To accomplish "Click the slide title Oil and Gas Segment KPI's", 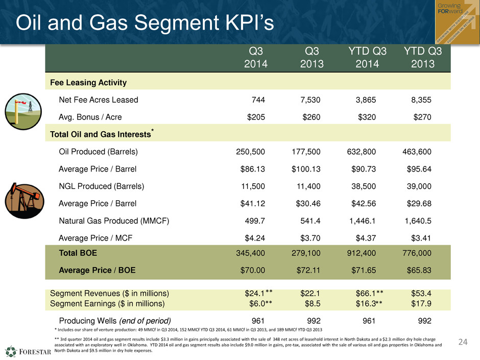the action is coord(145,22).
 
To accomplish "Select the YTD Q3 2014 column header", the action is coord(367,57).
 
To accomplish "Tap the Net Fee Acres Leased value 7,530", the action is coord(310,100).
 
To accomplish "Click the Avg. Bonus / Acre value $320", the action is coord(367,117).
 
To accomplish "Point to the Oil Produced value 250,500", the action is coord(250,152).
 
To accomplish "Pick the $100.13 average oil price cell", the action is coord(306,169).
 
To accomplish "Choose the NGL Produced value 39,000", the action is coord(419,186).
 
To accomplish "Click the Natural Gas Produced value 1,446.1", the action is coord(363,221).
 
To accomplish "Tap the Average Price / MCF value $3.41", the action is coord(421,238).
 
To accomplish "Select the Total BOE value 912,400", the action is coord(361,253).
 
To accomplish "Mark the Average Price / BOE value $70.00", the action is coord(253,270).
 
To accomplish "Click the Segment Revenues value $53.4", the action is coord(421,293).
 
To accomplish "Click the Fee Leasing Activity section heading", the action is coord(88,82).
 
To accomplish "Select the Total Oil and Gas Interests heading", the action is coord(102,134).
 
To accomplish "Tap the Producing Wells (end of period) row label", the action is coord(115,321).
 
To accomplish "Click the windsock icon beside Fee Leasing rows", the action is coord(23,111).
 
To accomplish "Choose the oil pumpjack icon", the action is coord(25,201).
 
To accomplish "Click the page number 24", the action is coord(463,342).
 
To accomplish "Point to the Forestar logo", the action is coord(28,351).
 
